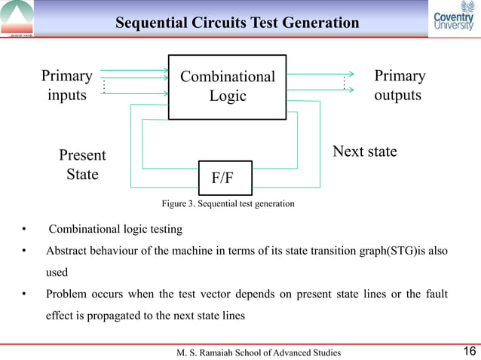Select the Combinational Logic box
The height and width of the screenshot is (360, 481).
click(228, 86)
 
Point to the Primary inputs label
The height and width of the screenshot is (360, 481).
click(67, 85)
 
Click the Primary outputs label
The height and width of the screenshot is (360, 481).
click(399, 85)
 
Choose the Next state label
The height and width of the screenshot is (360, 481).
click(365, 151)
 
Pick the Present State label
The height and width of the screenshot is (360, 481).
click(82, 165)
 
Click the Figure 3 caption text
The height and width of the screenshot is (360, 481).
click(228, 204)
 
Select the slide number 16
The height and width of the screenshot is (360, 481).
click(468, 351)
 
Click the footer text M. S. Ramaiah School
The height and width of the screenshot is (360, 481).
click(258, 352)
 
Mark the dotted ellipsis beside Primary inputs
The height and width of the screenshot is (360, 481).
click(103, 87)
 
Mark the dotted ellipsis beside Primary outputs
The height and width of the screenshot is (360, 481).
click(344, 84)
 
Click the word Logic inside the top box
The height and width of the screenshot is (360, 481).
click(228, 96)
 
